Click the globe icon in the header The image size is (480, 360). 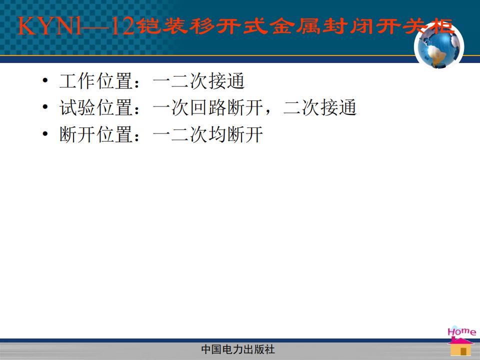(439, 46)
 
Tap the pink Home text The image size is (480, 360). (461, 331)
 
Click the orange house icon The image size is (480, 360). (460, 347)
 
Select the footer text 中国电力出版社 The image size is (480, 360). (238, 349)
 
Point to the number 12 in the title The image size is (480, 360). (122, 26)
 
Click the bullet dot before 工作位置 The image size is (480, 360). (45, 80)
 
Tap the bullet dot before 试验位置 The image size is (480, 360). (45, 107)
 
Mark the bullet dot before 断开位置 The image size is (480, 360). (45, 134)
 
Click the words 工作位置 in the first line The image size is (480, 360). (96, 81)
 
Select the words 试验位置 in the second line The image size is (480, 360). (96, 108)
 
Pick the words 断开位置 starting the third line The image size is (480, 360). (96, 134)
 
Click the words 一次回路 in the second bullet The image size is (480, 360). (189, 108)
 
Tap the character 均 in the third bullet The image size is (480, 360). (217, 134)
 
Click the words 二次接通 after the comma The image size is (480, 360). (320, 108)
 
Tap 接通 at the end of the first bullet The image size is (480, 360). (226, 81)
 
